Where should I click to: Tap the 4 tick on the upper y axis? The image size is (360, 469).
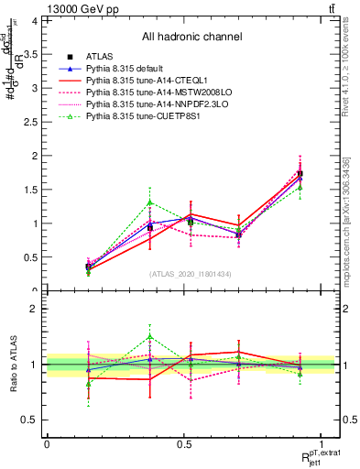(x=33, y=21)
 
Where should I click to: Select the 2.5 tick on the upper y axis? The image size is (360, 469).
(x=29, y=122)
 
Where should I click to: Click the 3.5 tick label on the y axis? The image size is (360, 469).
(x=29, y=55)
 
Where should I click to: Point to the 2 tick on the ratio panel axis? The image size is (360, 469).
(x=33, y=309)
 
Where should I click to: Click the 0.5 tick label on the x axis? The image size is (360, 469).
(x=184, y=444)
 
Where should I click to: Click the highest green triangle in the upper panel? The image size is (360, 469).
(x=150, y=202)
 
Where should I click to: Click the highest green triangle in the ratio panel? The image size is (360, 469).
(x=150, y=337)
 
